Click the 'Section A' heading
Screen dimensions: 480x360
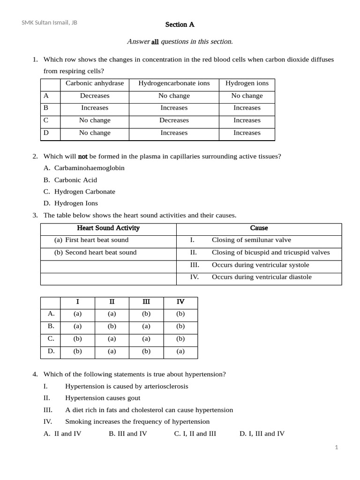(180, 24)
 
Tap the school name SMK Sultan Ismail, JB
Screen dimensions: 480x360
(50, 22)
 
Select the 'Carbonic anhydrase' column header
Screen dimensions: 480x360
(95, 83)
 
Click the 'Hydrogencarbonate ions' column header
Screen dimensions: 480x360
(174, 83)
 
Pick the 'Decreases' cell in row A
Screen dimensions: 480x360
(95, 96)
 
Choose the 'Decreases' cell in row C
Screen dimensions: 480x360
(174, 120)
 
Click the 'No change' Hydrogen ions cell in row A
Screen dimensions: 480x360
(247, 96)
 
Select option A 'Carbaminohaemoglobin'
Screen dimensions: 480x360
(89, 168)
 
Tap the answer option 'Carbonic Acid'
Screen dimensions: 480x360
(75, 180)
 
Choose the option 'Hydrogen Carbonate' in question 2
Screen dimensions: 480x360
(84, 192)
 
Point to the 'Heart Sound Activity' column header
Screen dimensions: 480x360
(108, 228)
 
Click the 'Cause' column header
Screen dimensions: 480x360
(259, 228)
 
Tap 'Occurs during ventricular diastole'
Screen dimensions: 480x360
(262, 277)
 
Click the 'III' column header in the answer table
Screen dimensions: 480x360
(146, 302)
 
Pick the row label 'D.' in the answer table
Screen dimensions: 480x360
(51, 351)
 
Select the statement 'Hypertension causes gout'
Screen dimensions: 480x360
(102, 398)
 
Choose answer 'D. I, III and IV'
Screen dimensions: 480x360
(262, 434)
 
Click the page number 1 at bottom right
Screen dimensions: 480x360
(336, 448)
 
